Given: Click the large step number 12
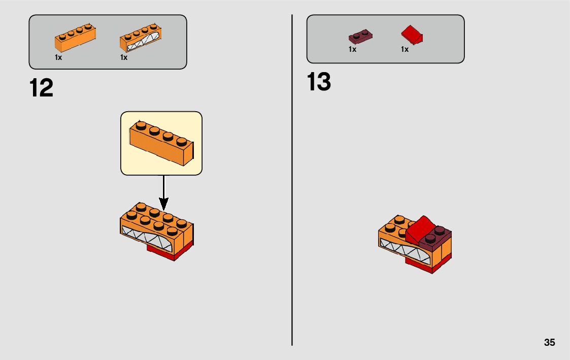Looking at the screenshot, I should (42, 88).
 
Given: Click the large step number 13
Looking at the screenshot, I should (319, 82).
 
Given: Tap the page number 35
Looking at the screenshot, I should (549, 342).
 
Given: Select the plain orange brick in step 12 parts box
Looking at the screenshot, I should (75, 40).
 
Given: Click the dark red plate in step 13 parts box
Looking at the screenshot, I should (360, 37).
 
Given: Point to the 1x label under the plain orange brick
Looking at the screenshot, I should (58, 57).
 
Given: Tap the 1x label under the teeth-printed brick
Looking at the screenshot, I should (124, 57).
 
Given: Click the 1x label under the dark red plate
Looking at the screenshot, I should (352, 49).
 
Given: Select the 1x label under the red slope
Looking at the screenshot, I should (405, 49).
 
